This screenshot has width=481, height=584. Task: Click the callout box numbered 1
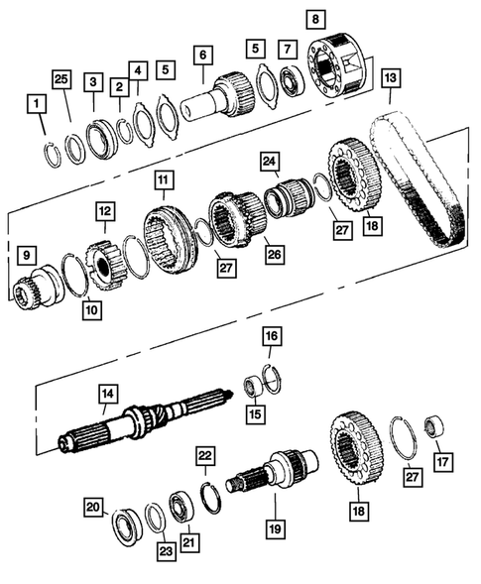(x=36, y=104)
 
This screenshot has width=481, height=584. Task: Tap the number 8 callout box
(x=315, y=19)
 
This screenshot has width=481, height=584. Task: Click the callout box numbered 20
(x=92, y=508)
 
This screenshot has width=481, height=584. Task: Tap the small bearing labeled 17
(x=433, y=428)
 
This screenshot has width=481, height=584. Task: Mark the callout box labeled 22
(x=204, y=454)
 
